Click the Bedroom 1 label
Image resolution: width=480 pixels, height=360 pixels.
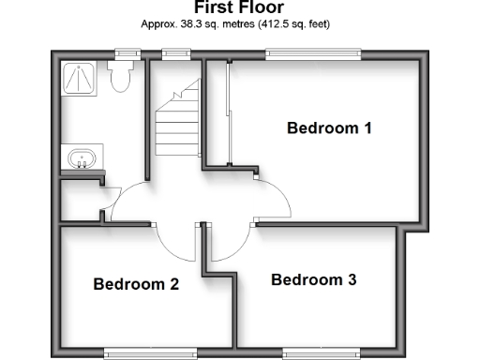329,128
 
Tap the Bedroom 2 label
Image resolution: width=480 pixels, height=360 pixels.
136,284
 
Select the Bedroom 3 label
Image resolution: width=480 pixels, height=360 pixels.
313,279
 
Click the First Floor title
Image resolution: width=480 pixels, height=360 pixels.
239,7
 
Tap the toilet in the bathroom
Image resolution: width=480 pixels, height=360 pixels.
119,79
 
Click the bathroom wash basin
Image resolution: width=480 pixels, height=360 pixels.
82,158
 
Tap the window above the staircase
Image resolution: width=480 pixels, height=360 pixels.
173,53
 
